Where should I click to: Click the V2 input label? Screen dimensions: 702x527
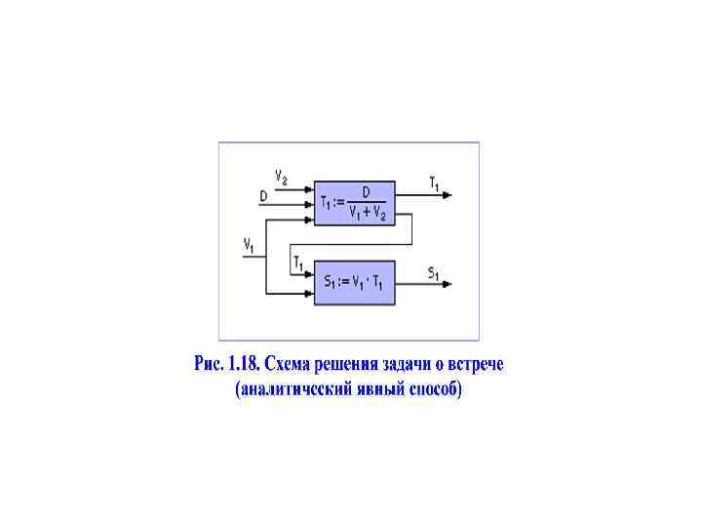pos(281,178)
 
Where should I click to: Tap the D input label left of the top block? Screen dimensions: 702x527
pos(263,196)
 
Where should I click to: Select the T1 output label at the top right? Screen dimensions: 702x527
pos(434,182)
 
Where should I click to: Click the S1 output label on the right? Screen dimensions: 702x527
pos(433,272)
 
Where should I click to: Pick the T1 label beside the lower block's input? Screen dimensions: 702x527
pos(298,263)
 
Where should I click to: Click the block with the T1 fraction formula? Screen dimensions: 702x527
pos(353,203)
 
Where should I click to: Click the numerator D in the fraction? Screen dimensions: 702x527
pos(366,193)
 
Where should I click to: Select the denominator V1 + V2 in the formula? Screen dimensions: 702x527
pos(368,214)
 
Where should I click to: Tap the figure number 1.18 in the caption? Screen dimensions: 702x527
pos(242,365)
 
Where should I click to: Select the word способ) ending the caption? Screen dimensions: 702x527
pos(432,390)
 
